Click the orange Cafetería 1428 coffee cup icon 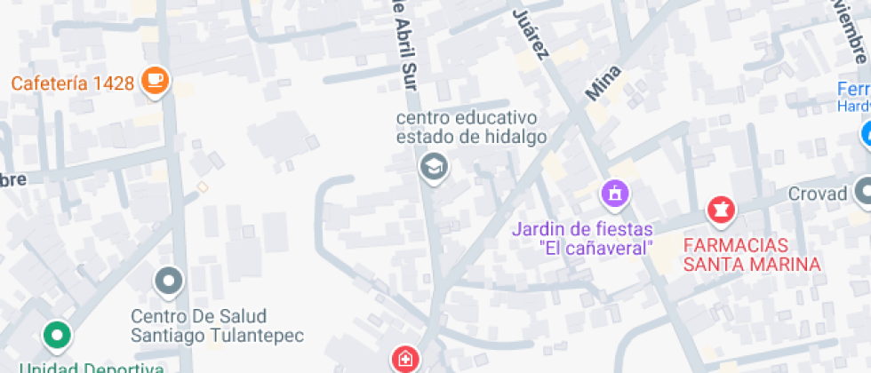[156, 80]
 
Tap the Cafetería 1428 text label [73, 83]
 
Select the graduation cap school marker [434, 166]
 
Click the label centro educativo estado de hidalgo [471, 127]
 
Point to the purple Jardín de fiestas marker [614, 192]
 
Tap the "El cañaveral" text [596, 248]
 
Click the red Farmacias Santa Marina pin [721, 210]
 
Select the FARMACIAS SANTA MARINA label [750, 253]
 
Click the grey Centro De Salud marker [168, 282]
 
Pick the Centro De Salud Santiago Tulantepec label [217, 326]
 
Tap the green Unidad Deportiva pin [58, 335]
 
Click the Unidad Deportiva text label [92, 367]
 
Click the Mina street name [603, 83]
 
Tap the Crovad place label [819, 193]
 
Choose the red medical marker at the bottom [404, 359]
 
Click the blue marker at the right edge [867, 135]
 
